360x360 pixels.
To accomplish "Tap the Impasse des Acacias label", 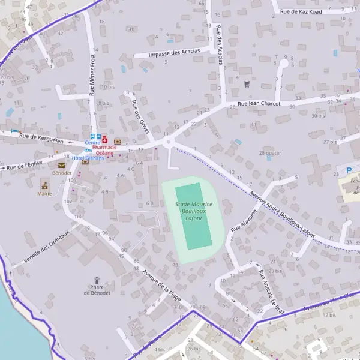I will point(175,53).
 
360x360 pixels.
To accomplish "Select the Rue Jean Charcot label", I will point(259,103).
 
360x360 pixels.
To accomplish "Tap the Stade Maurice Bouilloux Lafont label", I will point(193,213).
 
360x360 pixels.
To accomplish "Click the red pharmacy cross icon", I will point(104,139).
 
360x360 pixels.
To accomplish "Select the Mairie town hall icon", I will point(44,184).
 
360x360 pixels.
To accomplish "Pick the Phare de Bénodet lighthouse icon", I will point(97,280).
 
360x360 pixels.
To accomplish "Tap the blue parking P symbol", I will point(349,170).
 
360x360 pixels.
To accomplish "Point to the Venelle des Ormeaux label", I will point(47,247).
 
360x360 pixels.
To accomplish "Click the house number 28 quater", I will point(269,153).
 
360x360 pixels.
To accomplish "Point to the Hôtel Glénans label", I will point(88,158).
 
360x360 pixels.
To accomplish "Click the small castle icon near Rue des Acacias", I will point(247,84).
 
